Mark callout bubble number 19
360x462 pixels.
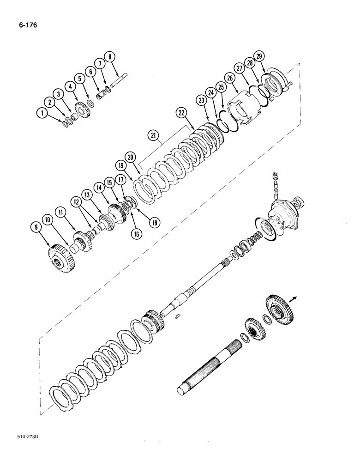(121, 164)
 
